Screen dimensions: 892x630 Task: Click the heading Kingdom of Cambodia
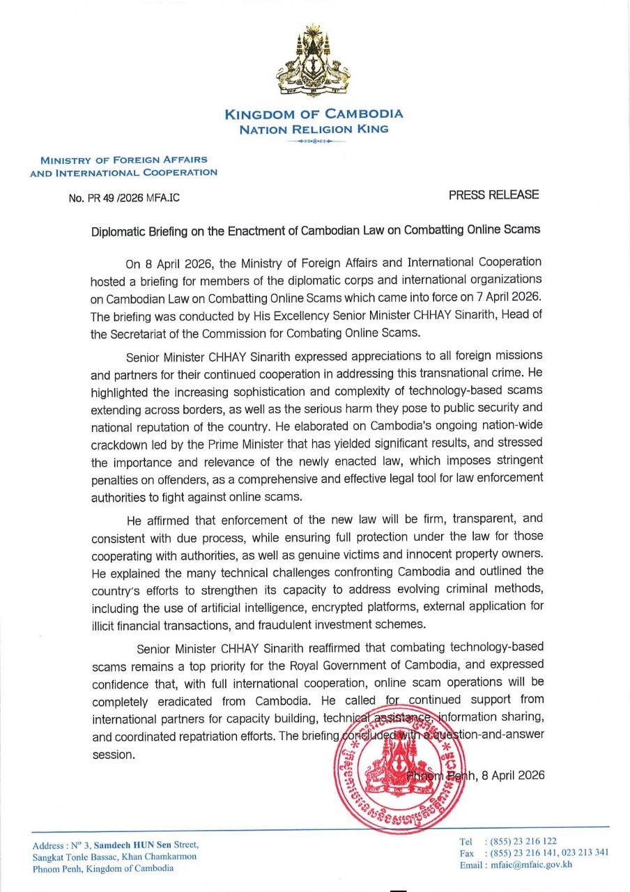click(x=314, y=114)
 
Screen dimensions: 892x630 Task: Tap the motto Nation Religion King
click(x=314, y=130)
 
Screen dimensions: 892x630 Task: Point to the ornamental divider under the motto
click(x=314, y=141)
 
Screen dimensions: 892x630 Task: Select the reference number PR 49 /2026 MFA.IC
click(x=124, y=199)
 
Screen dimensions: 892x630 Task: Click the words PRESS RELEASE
click(x=493, y=195)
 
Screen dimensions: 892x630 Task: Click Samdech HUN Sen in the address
click(x=127, y=845)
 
